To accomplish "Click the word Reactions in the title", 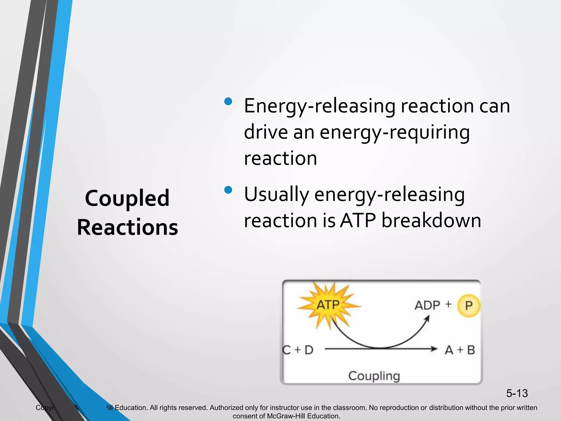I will tap(127, 227).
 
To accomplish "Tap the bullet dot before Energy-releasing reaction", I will tap(228, 102).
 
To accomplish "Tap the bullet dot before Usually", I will tap(228, 190).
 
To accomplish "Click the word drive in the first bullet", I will tap(266, 132).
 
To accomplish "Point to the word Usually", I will tap(276, 194).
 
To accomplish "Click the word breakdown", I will tap(431, 220).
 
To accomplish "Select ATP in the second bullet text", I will tap(358, 220).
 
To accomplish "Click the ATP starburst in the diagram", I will tap(328, 305).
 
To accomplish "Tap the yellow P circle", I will tap(469, 305).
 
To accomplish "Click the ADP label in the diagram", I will tap(427, 305).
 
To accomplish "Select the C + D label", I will tap(298, 350).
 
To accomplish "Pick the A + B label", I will tap(460, 350).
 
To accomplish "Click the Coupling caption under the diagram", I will tap(374, 376).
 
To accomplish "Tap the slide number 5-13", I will tap(517, 393).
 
